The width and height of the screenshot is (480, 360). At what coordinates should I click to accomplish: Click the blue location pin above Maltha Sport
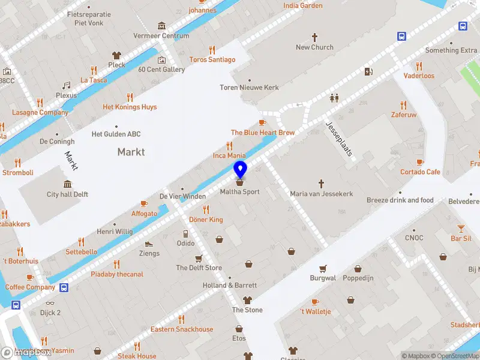tap(240, 169)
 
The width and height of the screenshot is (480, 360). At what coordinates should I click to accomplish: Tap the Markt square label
tap(131, 152)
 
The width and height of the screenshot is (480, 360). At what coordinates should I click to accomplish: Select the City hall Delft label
tap(68, 194)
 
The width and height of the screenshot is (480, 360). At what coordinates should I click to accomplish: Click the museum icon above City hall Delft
tap(67, 184)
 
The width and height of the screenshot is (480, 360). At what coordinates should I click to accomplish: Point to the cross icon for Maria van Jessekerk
tap(321, 183)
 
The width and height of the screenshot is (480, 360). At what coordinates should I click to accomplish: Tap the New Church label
tap(314, 47)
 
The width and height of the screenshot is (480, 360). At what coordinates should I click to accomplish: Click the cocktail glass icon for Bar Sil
tap(461, 228)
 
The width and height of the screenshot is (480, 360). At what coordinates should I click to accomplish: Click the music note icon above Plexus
tap(67, 85)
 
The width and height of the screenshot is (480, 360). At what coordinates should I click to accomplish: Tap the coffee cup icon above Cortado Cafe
tap(420, 162)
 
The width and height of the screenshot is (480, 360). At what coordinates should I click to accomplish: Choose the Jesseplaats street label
tap(339, 139)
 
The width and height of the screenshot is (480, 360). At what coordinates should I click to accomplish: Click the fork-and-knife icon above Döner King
tap(206, 209)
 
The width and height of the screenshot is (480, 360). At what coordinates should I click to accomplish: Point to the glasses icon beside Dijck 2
tap(49, 303)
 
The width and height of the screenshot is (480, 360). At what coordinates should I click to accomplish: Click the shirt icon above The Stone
tap(247, 300)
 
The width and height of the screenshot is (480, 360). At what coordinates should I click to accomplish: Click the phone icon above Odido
tap(185, 233)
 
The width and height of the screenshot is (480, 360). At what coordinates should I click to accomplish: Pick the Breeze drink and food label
tap(400, 200)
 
